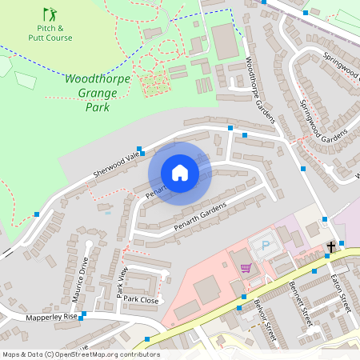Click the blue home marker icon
180,173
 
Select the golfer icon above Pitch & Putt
50,14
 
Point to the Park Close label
141,299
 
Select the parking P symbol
266,245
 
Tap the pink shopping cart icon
246,268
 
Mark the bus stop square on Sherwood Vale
140,149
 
